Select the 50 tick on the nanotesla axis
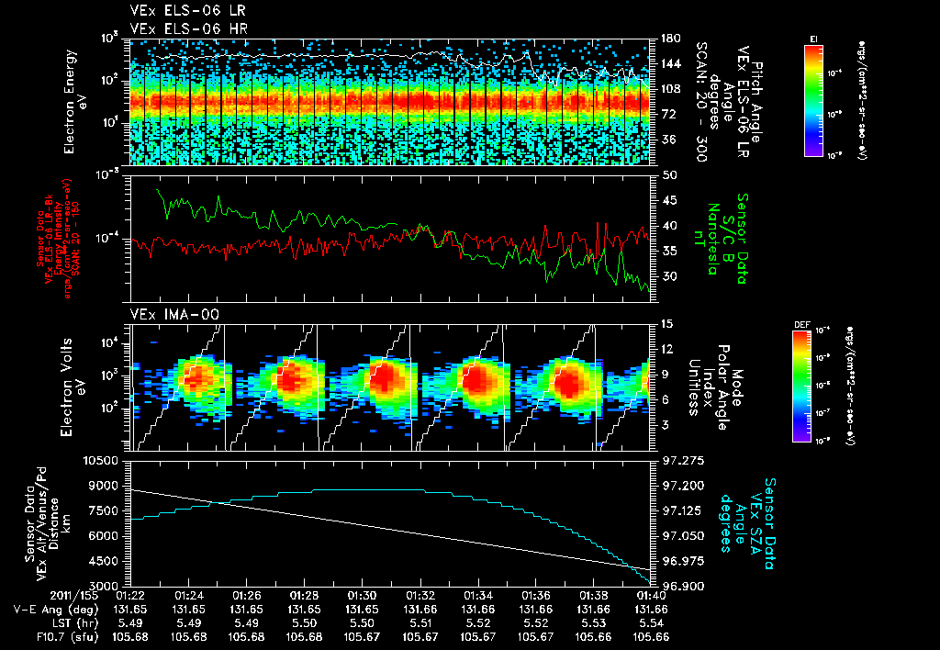tap(668, 174)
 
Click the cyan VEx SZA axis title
tap(753, 516)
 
